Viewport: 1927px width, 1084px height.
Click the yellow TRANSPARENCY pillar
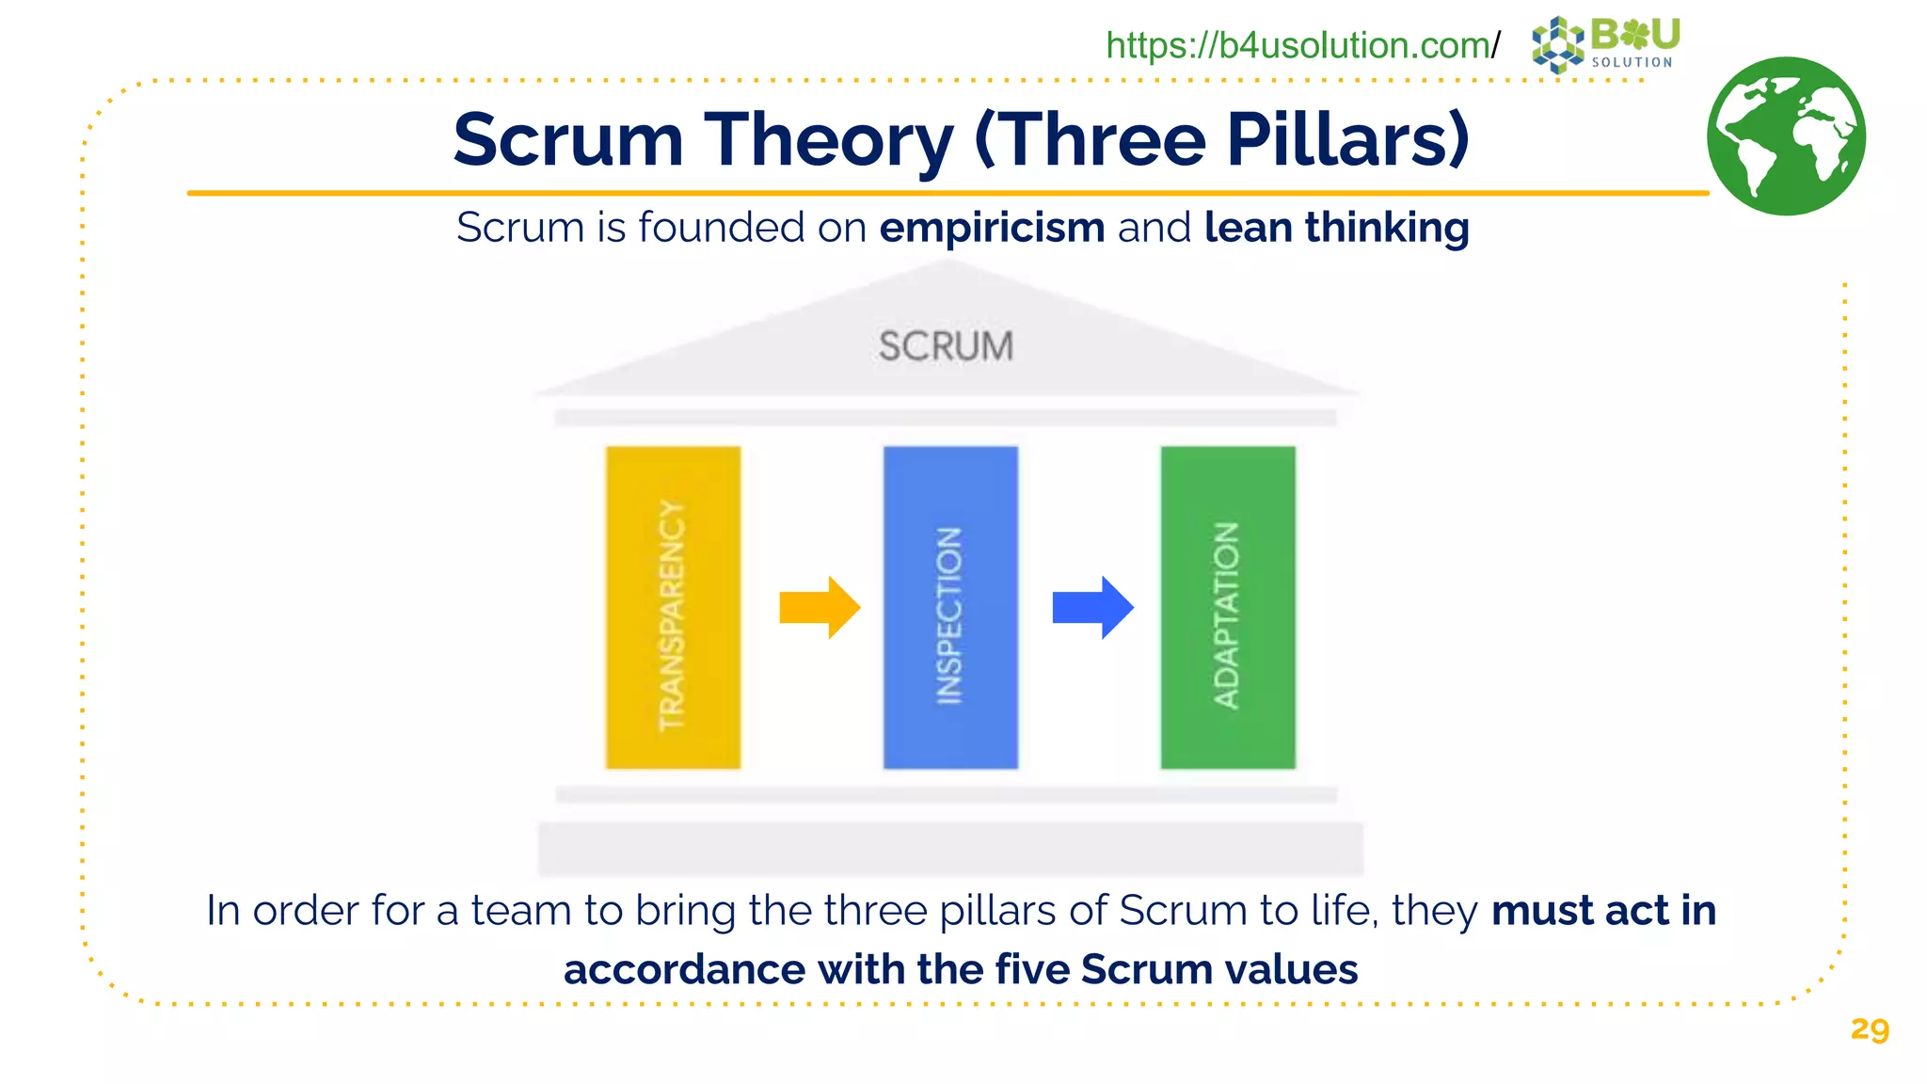pyautogui.click(x=673, y=608)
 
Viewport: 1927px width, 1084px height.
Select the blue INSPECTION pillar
pyautogui.click(x=950, y=608)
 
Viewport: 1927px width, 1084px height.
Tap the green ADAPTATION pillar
pyautogui.click(x=1228, y=608)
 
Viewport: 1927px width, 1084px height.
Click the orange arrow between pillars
pyautogui.click(x=820, y=608)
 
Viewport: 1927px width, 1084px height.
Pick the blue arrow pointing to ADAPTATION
pyautogui.click(x=1092, y=608)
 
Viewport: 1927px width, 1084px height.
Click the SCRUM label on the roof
pyautogui.click(x=946, y=346)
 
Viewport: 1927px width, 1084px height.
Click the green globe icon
pyautogui.click(x=1786, y=136)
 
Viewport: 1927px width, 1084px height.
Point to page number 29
pyautogui.click(x=1869, y=1028)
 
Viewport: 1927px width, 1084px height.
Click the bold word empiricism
pyautogui.click(x=992, y=228)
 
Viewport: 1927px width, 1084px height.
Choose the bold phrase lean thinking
pyautogui.click(x=1336, y=228)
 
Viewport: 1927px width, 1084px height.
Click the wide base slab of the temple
pyautogui.click(x=950, y=848)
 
